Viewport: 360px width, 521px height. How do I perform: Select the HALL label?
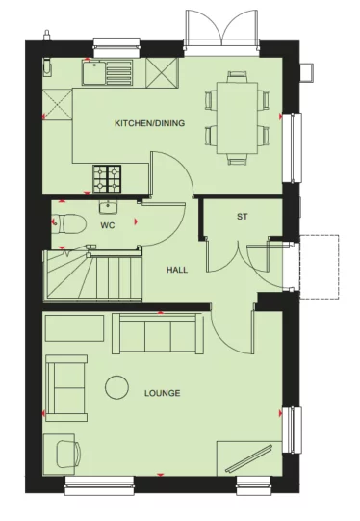(176, 270)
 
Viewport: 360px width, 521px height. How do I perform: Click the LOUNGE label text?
(162, 393)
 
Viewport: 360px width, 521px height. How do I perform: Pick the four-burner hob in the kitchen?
(107, 176)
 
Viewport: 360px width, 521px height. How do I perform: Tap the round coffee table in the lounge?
(117, 387)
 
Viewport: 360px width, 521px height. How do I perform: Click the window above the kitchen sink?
(114, 42)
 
